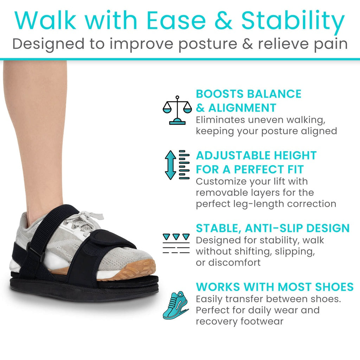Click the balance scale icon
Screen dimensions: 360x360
pyautogui.click(x=177, y=110)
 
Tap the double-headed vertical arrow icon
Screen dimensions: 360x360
pyautogui.click(x=170, y=165)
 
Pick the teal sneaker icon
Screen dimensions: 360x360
pyautogui.click(x=176, y=305)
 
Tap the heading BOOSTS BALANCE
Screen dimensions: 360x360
pyautogui.click(x=249, y=94)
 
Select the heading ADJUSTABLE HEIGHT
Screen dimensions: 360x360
pyautogui.click(x=256, y=155)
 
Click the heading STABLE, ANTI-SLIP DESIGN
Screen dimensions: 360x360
pyautogui.click(x=273, y=228)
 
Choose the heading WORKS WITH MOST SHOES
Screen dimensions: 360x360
pyautogui.click(x=275, y=287)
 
